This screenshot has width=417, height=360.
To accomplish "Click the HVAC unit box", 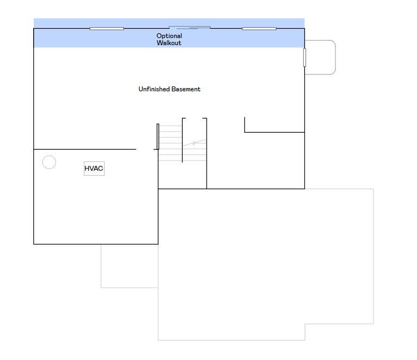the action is click(x=94, y=169).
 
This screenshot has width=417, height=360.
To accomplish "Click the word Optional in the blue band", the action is click(x=169, y=36).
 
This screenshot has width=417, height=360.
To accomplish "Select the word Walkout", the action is click(x=169, y=43).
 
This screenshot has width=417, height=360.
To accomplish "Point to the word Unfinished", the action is click(x=153, y=89).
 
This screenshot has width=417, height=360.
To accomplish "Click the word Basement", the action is click(x=186, y=89).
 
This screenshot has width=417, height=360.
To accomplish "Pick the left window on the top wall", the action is click(x=107, y=28).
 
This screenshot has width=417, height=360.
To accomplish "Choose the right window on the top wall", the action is click(x=259, y=28).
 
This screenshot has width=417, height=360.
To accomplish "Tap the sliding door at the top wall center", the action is click(x=190, y=27).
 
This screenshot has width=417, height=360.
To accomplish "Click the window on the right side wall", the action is click(x=305, y=58).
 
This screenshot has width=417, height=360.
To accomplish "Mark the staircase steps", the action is click(x=183, y=143).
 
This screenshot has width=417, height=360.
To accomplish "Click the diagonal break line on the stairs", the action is click(x=195, y=143).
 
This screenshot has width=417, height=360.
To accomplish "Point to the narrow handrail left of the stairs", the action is click(x=158, y=136).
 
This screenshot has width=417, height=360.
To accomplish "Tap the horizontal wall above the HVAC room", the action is click(x=85, y=149).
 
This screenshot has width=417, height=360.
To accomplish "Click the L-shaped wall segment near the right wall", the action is click(x=275, y=132).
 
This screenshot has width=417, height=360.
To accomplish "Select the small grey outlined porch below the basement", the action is click(x=101, y=266).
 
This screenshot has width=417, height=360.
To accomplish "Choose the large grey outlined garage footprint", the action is click(x=374, y=256).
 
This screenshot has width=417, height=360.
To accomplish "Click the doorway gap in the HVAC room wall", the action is click(x=145, y=149).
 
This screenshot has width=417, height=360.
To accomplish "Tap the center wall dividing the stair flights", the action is click(x=182, y=140).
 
